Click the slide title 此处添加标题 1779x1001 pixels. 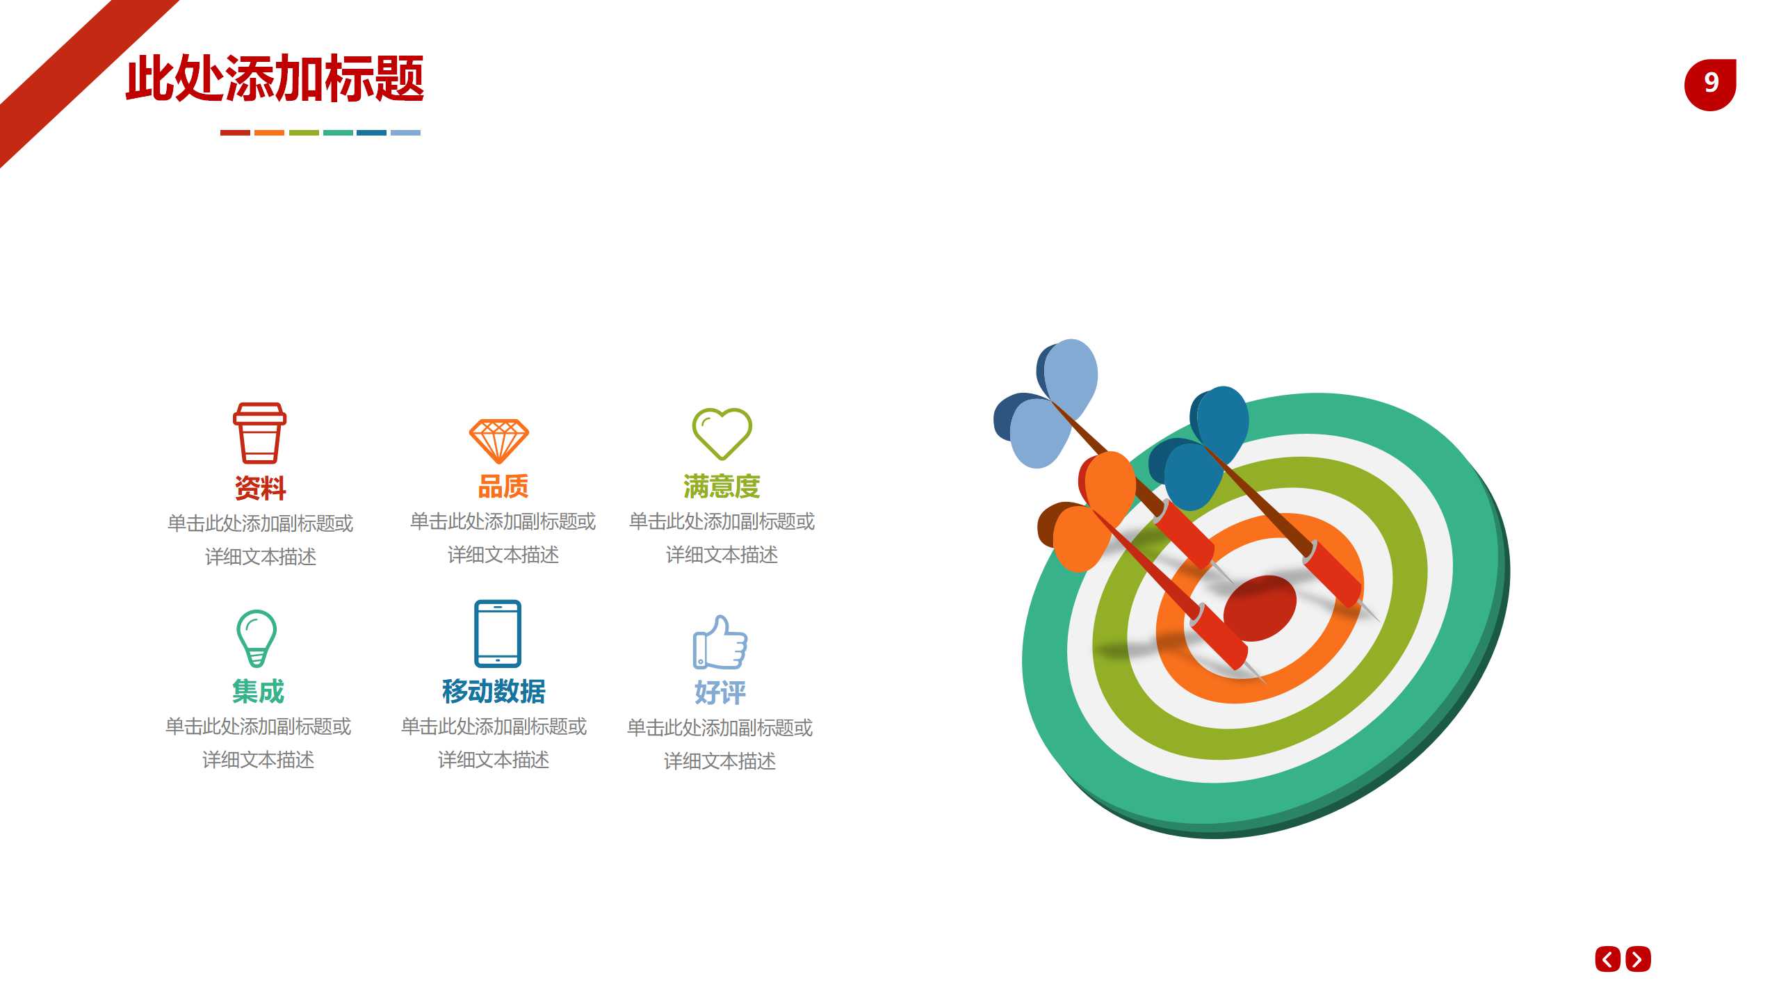pos(275,79)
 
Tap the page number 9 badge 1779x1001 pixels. pos(1710,84)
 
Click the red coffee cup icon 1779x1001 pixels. pos(259,432)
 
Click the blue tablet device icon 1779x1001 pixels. pos(497,633)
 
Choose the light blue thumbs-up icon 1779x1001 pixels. pos(720,642)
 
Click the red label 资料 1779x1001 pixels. pos(260,487)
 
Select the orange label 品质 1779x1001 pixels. pos(503,486)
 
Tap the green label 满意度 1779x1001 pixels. pos(722,486)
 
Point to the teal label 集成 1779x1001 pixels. pos(258,691)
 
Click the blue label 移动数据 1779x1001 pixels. pos(494,691)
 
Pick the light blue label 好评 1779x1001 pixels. pos(720,692)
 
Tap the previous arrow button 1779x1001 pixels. pos(1607,959)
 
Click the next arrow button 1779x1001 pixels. pos(1638,959)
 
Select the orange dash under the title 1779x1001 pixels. pos(269,132)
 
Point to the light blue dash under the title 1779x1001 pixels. pos(405,132)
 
